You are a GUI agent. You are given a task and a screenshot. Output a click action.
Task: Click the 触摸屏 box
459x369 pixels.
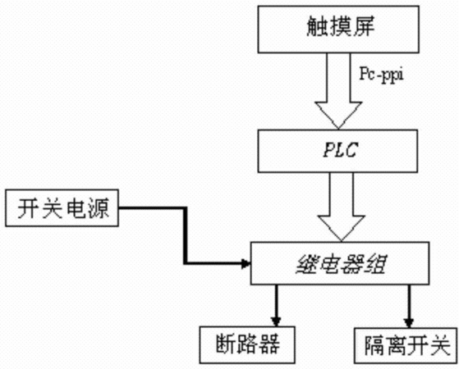[338, 30]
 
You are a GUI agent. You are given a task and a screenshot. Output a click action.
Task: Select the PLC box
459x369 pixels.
[337, 151]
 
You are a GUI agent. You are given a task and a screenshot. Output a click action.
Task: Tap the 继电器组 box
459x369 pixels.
[340, 263]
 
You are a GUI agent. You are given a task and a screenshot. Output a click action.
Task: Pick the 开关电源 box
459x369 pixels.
[62, 208]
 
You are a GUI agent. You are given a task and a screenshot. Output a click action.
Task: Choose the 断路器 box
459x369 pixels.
[247, 344]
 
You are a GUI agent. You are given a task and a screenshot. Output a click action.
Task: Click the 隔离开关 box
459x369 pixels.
[406, 345]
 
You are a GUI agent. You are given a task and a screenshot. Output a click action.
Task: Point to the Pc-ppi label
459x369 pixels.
[381, 75]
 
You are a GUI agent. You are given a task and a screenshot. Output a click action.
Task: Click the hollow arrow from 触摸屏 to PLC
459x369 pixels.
[338, 91]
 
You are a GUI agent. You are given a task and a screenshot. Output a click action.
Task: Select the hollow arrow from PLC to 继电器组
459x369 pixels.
[342, 207]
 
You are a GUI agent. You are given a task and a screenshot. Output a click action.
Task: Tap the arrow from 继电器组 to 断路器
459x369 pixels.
[276, 305]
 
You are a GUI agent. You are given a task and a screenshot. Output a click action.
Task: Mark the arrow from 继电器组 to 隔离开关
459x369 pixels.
[409, 306]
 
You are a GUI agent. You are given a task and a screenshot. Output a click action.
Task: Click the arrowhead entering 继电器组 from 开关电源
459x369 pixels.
[246, 264]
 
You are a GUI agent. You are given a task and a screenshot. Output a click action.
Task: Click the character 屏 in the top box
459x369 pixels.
[363, 26]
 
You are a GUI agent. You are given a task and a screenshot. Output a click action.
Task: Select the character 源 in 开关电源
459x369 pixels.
[98, 208]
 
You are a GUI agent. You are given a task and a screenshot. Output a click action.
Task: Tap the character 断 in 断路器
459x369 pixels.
[227, 344]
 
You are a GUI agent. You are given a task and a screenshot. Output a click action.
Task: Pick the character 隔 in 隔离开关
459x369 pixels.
[376, 345]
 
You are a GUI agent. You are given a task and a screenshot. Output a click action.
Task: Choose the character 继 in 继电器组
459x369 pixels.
[307, 264]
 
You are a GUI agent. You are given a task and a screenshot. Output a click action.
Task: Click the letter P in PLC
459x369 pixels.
[328, 150]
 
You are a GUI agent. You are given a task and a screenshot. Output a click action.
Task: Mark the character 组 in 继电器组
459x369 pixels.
[374, 264]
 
